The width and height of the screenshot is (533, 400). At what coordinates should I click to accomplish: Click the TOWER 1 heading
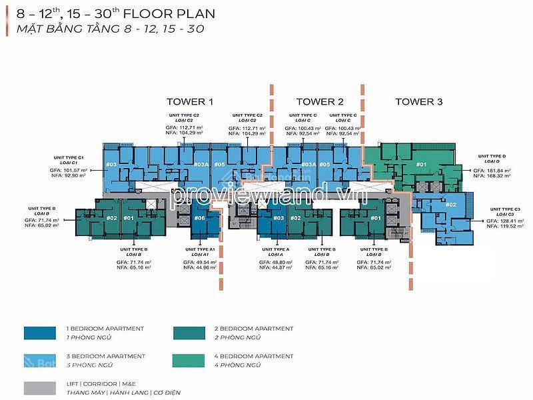[x=190, y=102]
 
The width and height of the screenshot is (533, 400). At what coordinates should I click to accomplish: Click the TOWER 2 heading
[x=319, y=102]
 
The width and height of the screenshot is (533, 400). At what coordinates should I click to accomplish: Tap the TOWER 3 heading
[x=418, y=102]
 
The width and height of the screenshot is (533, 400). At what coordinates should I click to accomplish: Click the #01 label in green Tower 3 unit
[x=420, y=164]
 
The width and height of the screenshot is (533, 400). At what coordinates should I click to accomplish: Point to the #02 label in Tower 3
[x=450, y=205]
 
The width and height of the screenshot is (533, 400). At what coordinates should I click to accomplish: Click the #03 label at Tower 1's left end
[x=111, y=164]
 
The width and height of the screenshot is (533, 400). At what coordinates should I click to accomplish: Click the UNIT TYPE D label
[x=491, y=155]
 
